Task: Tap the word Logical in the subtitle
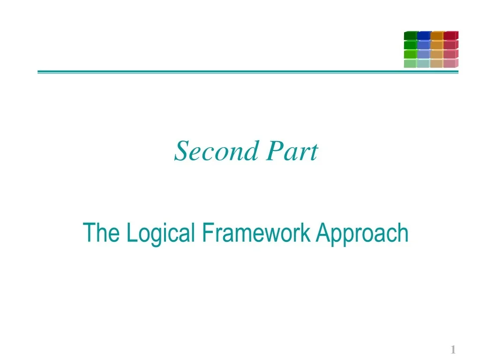point(160,233)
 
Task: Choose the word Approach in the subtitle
point(361,233)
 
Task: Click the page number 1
point(453,350)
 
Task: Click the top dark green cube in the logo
point(410,36)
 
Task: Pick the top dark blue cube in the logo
point(424,36)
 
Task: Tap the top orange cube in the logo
point(437,36)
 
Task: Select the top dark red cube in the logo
point(450,36)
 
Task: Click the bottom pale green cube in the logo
point(410,64)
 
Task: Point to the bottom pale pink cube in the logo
point(450,64)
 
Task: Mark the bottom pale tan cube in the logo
point(437,64)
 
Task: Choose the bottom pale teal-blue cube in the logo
point(424,64)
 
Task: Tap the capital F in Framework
point(207,233)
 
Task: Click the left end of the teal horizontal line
point(39,72)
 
